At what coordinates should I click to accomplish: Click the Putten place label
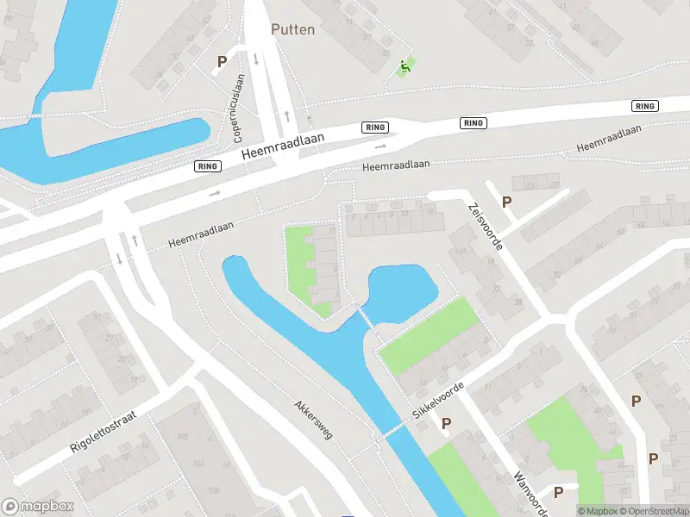[x=293, y=29]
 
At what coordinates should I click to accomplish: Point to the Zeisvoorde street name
[x=485, y=227]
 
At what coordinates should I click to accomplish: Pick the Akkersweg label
[x=312, y=419]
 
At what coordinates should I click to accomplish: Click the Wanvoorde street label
[x=530, y=493]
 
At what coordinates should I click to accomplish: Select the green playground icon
[x=404, y=66]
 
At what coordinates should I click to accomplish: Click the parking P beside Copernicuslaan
[x=222, y=62]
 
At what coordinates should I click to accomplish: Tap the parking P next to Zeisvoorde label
[x=507, y=202]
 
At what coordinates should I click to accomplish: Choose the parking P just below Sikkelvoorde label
[x=447, y=423]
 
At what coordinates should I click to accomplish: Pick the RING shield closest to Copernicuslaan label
[x=207, y=166]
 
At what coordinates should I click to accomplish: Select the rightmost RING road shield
[x=644, y=106]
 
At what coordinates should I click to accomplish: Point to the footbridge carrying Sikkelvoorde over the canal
[x=394, y=428]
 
